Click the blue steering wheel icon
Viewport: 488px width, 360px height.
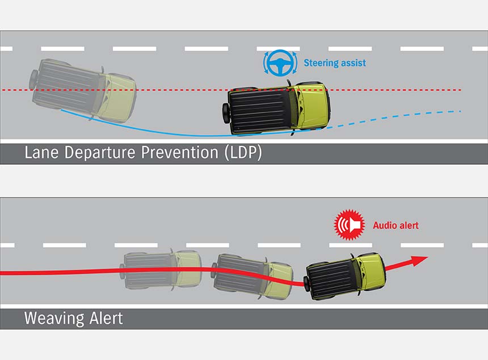click(280, 63)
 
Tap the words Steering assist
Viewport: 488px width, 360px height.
click(335, 63)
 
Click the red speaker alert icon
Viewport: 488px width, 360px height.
click(349, 224)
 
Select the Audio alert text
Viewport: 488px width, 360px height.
click(396, 225)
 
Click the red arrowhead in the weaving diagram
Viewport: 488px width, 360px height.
click(419, 261)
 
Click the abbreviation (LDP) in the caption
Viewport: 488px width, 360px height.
click(243, 153)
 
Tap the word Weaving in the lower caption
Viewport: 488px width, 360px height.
click(54, 318)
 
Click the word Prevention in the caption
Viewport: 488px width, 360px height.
click(180, 152)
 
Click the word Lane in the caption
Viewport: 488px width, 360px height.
click(41, 152)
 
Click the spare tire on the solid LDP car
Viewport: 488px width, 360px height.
click(225, 111)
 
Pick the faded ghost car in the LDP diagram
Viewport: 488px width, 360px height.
click(83, 90)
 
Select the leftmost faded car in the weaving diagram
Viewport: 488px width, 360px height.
click(161, 269)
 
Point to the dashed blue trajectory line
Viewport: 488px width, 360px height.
click(394, 118)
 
